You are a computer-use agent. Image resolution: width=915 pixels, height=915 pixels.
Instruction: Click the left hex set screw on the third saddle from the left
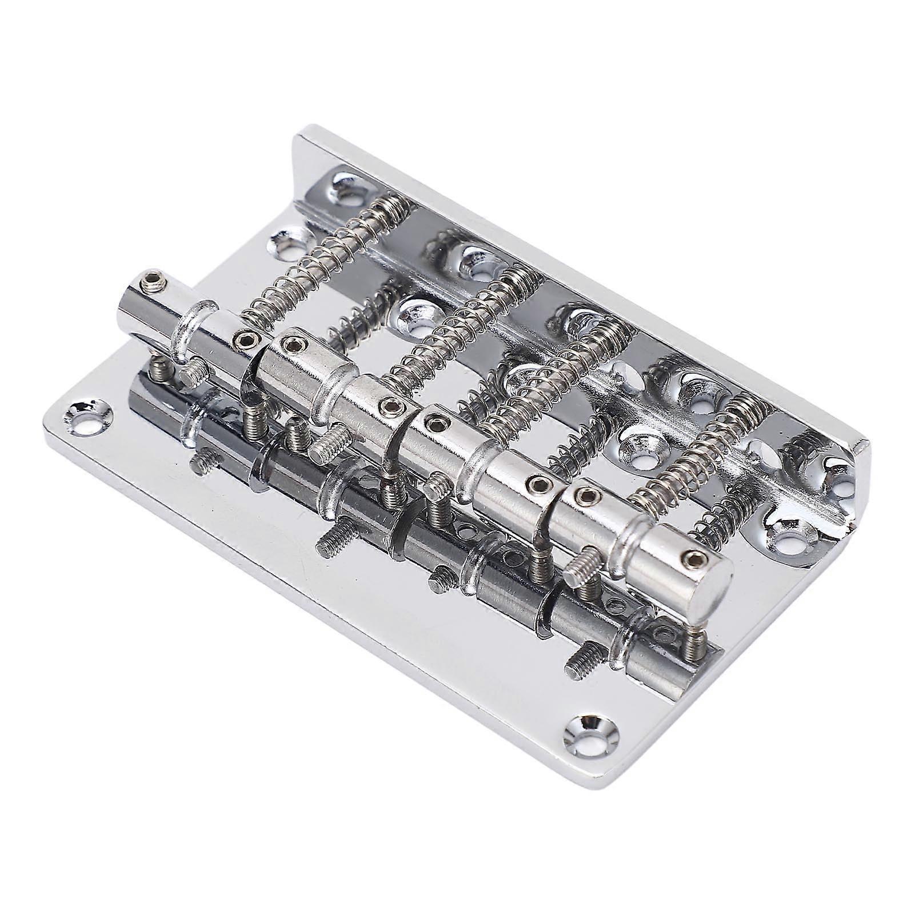tap(436, 423)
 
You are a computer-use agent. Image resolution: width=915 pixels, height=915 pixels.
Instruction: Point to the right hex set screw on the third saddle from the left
tap(537, 484)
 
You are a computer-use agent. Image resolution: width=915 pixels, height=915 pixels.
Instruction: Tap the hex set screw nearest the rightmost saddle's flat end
tap(693, 559)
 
